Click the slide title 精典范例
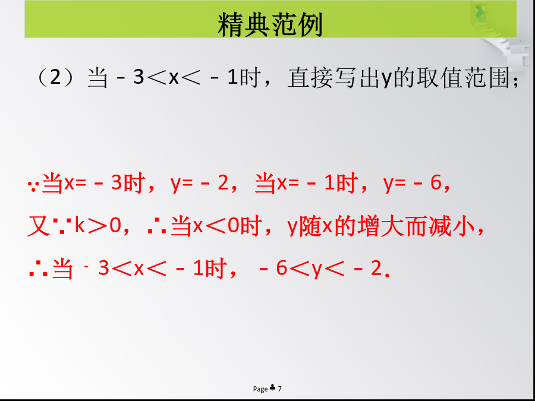pyautogui.click(x=270, y=24)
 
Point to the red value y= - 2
pyautogui.click(x=199, y=184)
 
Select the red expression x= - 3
pyautogui.click(x=93, y=183)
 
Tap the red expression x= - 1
pyautogui.click(x=306, y=183)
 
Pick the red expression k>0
pyautogui.click(x=97, y=226)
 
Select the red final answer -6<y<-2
pyautogui.click(x=320, y=269)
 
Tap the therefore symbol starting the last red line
pyautogui.click(x=36, y=269)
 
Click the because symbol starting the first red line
pyautogui.click(x=33, y=186)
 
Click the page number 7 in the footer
pyautogui.click(x=280, y=389)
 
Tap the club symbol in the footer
pyautogui.click(x=273, y=388)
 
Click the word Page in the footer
pyautogui.click(x=260, y=389)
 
